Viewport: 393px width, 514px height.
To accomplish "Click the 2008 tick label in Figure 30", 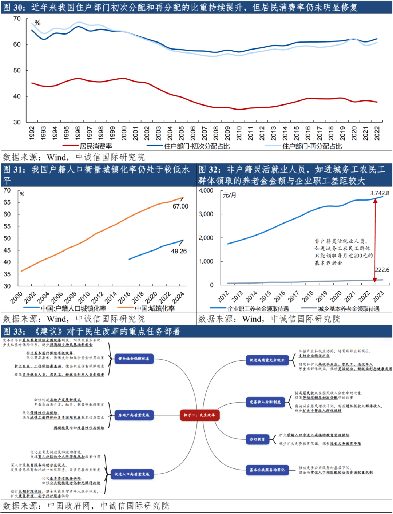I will pos(216,133).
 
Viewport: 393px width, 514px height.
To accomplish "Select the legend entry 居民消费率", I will pos(96,146).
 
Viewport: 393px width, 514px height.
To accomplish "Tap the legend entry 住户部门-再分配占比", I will pos(312,146).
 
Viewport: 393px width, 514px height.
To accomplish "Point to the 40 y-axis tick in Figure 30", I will pos(17,96).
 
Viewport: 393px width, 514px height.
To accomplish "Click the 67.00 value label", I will pos(180,206).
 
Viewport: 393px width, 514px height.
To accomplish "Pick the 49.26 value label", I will pos(179,251).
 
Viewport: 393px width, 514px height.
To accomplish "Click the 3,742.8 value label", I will pos(380,193).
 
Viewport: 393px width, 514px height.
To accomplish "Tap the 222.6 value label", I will pos(382,270).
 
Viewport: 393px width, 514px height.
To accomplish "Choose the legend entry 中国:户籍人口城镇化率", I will pos(74,308).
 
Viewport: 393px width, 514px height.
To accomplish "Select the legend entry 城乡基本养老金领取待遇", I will pos(348,309).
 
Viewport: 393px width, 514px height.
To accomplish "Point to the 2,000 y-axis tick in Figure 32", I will pos(206,238).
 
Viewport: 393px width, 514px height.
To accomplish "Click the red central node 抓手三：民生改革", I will pos(199,415).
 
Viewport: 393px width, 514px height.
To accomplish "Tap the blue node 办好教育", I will pos(257,439).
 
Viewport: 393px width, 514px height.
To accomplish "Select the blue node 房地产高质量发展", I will pos(134,415).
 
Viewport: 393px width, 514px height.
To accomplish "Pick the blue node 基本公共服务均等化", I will pos(267,470).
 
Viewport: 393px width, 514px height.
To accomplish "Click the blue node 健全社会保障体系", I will pos(134,359).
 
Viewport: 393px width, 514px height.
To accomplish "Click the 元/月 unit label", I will pos(230,195).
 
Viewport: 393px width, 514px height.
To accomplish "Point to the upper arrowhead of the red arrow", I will pos(375,201).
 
